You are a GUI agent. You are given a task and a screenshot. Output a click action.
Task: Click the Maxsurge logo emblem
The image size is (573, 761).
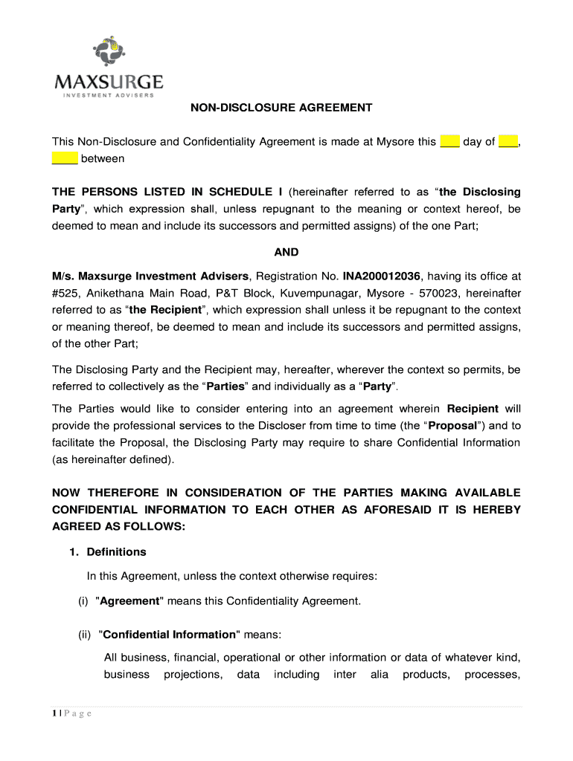(x=109, y=52)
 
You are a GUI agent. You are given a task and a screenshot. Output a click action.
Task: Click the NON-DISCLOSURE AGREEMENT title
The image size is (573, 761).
(x=281, y=108)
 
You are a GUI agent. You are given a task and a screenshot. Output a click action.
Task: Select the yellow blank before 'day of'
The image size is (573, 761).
(x=449, y=141)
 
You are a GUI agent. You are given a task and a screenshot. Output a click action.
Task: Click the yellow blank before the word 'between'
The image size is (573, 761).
(x=65, y=158)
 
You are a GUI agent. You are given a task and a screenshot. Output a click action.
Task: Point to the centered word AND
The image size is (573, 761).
(x=286, y=252)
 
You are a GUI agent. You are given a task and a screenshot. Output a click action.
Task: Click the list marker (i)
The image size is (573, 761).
(x=83, y=600)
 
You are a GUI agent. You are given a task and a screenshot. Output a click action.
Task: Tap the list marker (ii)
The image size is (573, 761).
(x=85, y=635)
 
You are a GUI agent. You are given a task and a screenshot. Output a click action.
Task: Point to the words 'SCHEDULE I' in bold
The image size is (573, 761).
(x=248, y=192)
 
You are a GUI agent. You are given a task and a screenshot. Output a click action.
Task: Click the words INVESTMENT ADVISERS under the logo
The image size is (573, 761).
(x=109, y=94)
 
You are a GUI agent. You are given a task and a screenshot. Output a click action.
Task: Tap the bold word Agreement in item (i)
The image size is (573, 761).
(x=130, y=600)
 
